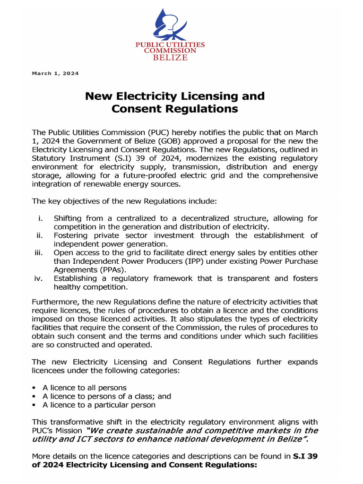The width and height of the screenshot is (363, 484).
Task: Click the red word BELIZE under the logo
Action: [170, 58]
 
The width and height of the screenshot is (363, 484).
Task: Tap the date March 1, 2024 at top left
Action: [55, 74]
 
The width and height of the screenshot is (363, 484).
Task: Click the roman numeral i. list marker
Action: [41, 218]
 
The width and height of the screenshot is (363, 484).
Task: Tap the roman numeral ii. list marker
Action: [40, 235]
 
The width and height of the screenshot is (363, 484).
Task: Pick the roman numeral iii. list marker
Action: [39, 253]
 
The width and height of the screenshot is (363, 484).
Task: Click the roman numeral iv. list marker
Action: [39, 278]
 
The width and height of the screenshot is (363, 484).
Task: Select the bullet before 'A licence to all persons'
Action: [34, 388]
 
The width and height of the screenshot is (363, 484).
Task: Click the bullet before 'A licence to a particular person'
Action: [34, 405]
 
